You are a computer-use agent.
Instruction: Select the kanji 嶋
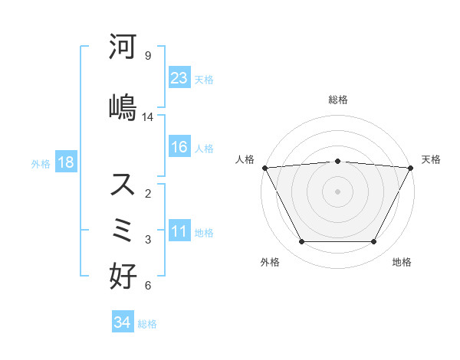coord(123,106)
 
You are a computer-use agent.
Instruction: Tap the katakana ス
coord(123,185)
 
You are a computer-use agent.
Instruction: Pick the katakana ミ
coord(123,230)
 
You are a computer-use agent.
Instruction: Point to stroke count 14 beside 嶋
coord(148,117)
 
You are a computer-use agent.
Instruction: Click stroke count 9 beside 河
coord(147,56)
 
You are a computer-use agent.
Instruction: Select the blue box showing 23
coord(179,78)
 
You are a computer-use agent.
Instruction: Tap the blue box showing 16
coord(179,148)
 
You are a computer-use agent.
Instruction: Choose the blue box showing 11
coord(179,231)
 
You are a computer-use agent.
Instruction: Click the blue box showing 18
coord(65,162)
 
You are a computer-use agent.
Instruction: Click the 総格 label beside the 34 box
coord(147,324)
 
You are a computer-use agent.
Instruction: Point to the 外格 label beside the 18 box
coord(41,163)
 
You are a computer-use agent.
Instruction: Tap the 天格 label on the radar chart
coord(431,159)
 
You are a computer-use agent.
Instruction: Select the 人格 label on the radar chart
coord(245,159)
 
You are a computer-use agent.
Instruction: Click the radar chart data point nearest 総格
coord(337,161)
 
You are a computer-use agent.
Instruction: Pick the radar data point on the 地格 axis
coord(374,242)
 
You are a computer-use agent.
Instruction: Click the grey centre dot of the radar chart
coord(337,191)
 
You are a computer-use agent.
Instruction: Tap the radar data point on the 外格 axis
coord(301,242)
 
